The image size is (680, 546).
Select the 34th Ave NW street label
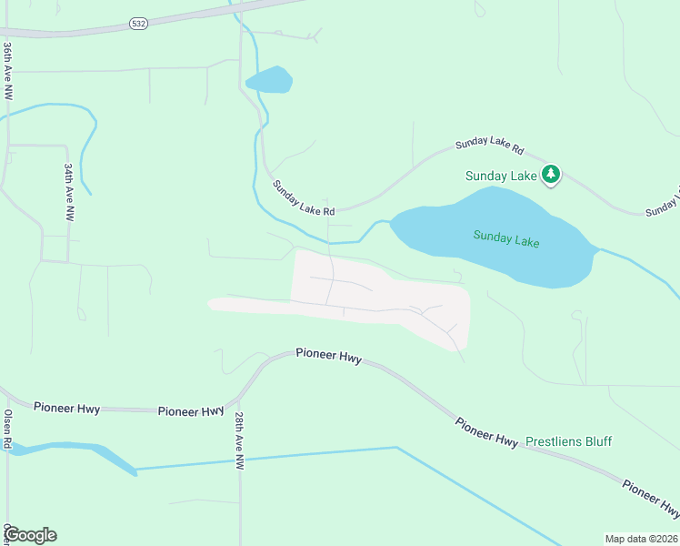pos(69,192)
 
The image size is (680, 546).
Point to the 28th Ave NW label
pos(239,440)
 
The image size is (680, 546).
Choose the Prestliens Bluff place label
pos(568,441)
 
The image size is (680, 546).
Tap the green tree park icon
pos(550,174)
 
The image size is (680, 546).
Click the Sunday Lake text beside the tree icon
pos(501,176)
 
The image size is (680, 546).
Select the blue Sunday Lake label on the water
pos(506,238)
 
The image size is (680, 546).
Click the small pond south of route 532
pos(270,80)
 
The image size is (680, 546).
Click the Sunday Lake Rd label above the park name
pos(490,146)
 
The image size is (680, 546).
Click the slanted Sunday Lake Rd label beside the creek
pos(305,197)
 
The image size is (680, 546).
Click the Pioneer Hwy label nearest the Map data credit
pos(650,494)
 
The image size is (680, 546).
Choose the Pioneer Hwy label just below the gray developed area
pos(329,356)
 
